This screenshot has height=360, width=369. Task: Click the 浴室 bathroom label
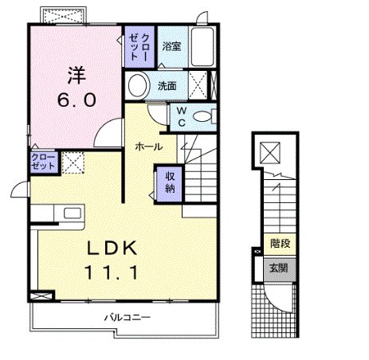point(171,47)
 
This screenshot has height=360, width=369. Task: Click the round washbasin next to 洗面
point(137,85)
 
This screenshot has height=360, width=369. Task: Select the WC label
point(181,115)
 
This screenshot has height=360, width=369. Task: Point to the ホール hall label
point(149,147)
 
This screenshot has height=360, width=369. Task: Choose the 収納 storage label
point(170,182)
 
